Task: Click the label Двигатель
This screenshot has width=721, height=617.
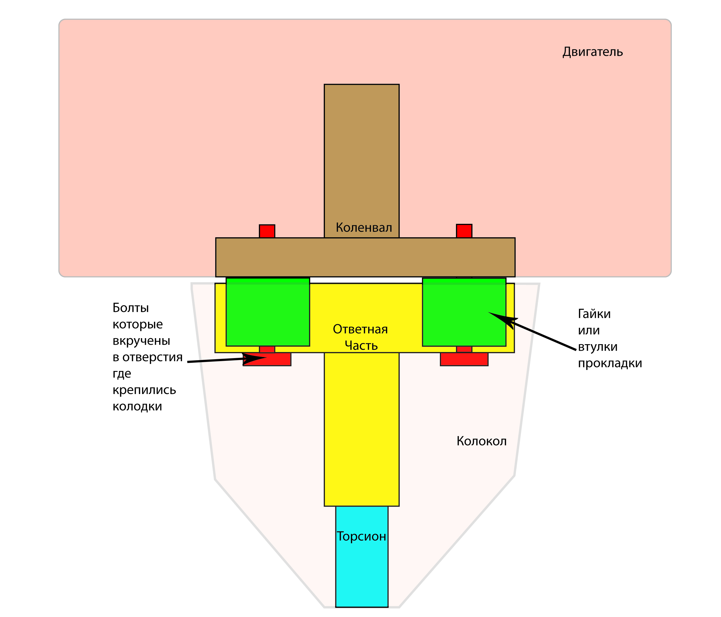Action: click(592, 52)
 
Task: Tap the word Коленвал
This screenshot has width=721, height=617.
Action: click(364, 227)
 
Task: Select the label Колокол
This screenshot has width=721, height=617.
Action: click(481, 441)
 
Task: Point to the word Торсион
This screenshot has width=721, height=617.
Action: click(361, 536)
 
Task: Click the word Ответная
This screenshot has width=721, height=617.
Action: click(360, 329)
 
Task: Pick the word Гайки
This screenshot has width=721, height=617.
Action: click(594, 314)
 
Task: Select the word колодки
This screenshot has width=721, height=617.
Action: click(137, 406)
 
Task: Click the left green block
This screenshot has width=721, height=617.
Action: click(268, 312)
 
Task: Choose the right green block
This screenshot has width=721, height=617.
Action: click(464, 312)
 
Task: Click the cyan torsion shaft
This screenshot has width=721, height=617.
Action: click(362, 570)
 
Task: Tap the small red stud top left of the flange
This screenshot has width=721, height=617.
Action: click(267, 231)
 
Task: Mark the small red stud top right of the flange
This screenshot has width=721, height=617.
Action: click(464, 231)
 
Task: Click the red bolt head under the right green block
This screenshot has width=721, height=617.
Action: click(464, 359)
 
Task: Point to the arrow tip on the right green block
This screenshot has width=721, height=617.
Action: click(491, 313)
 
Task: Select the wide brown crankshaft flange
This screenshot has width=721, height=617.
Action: click(365, 257)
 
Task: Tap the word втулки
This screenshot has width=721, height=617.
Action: click(598, 347)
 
